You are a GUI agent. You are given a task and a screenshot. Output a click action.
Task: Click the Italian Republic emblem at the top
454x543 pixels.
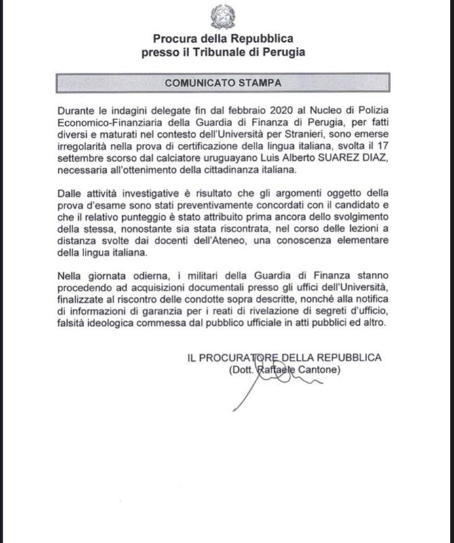click(x=223, y=16)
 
